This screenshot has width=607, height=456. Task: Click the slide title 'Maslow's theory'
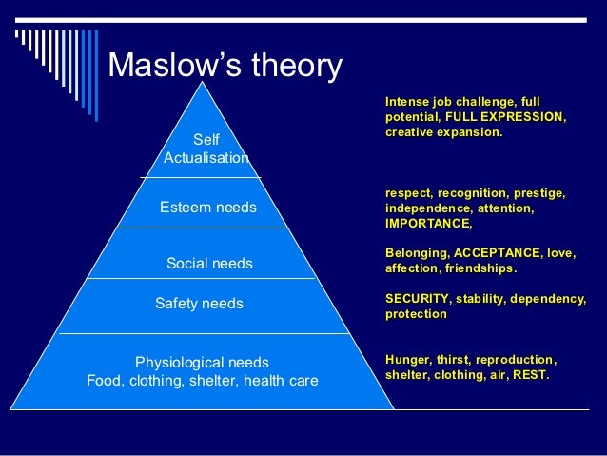(225, 66)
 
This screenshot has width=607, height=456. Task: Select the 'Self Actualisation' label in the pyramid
(206, 149)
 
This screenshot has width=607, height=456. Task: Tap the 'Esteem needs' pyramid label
(207, 207)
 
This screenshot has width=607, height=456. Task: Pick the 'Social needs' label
(209, 263)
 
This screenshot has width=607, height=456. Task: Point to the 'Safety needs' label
(199, 304)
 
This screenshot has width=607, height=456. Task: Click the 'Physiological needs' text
(202, 362)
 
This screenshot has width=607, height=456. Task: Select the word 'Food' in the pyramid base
(103, 381)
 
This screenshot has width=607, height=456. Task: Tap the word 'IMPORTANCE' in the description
(427, 223)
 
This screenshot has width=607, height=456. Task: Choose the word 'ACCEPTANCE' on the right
(498, 253)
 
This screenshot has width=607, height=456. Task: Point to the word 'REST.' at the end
(529, 374)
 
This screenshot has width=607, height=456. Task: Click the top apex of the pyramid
(202, 83)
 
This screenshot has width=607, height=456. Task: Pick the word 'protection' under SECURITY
(416, 314)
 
